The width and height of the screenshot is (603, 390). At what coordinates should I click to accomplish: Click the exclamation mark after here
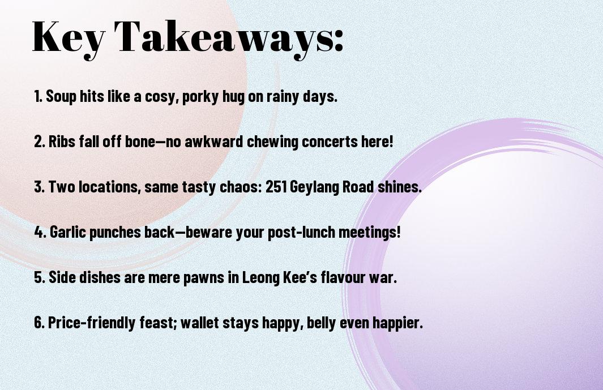[x=391, y=142]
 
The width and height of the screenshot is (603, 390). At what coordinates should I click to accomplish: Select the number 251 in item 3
[x=276, y=187]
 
